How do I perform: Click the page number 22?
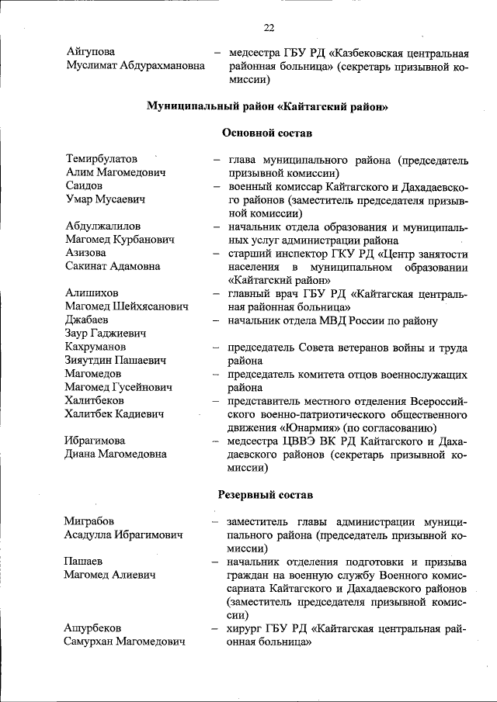(x=269, y=28)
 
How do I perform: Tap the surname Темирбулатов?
(x=102, y=159)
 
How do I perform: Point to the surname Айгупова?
(x=92, y=52)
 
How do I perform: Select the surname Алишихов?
(x=92, y=293)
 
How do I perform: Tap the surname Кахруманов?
(x=96, y=347)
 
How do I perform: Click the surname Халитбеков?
(x=95, y=400)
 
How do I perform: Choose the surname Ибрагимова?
(x=95, y=441)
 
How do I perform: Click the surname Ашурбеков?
(x=93, y=628)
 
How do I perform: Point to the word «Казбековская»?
(x=372, y=53)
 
